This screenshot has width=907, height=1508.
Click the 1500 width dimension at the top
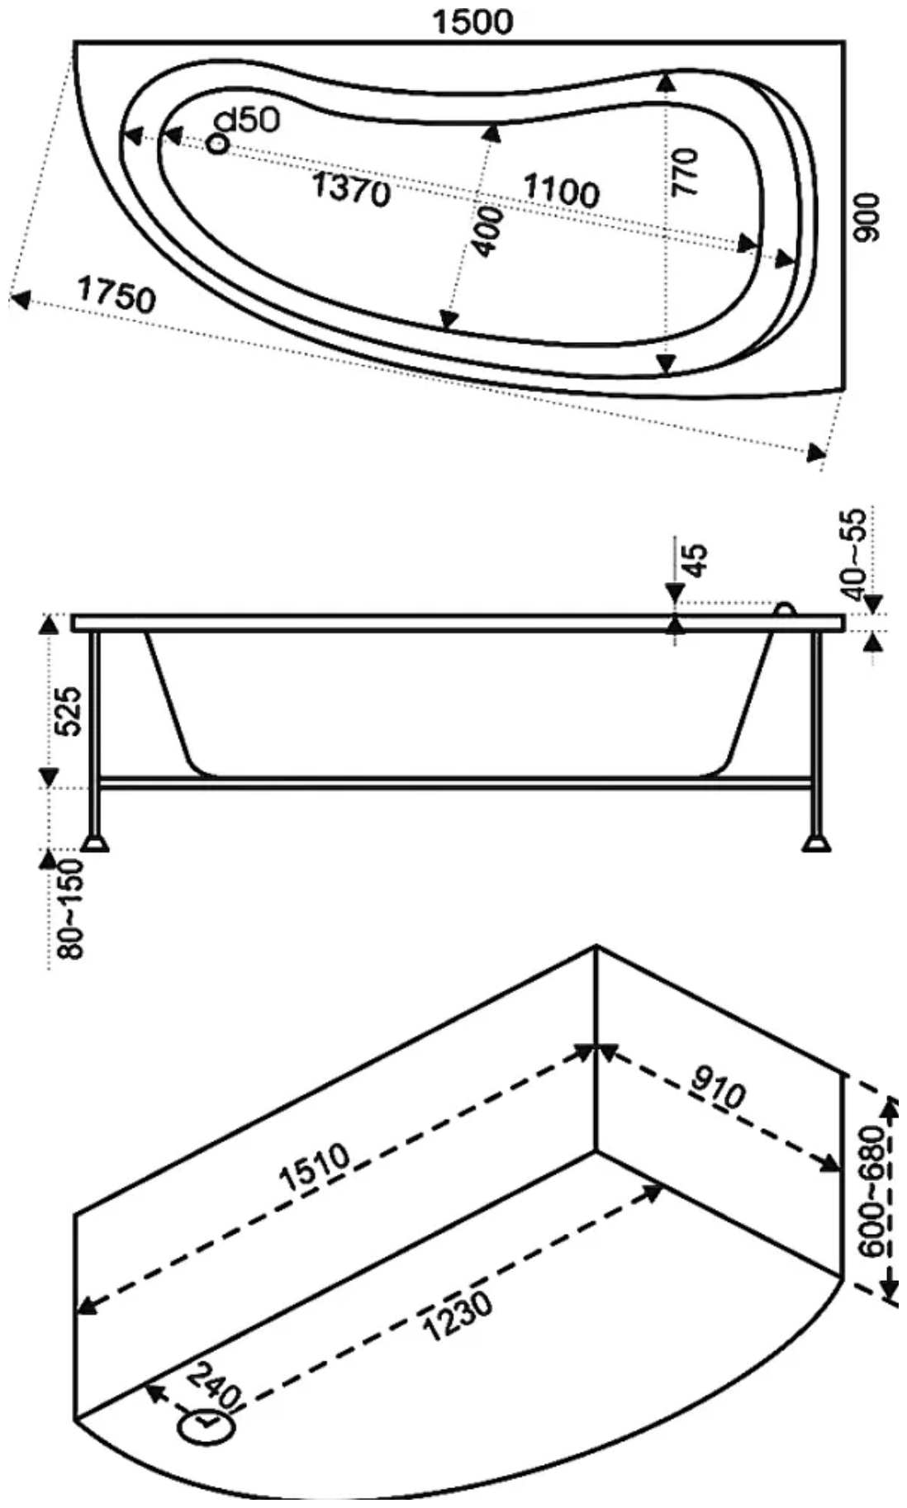473,21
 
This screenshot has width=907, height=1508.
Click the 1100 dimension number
562,190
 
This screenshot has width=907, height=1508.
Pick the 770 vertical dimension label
685,172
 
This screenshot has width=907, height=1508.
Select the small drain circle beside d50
217,144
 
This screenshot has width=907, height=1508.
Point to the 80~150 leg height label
72,908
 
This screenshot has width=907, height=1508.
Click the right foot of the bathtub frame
817,843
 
